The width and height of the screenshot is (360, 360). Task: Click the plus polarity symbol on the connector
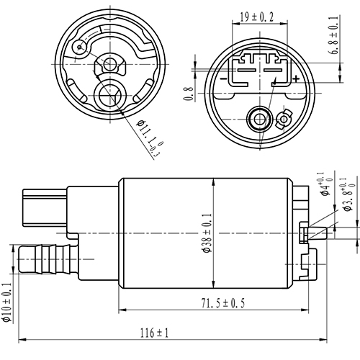(296, 78)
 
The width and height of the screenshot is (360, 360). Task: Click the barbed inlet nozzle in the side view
(47, 258)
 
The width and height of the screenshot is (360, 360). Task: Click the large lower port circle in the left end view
(110, 93)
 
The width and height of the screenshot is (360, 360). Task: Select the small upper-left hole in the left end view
(81, 48)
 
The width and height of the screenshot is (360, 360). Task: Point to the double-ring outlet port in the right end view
(257, 117)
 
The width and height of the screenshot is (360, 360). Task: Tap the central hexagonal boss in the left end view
(110, 66)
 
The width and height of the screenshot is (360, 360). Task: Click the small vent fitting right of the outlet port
(283, 117)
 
